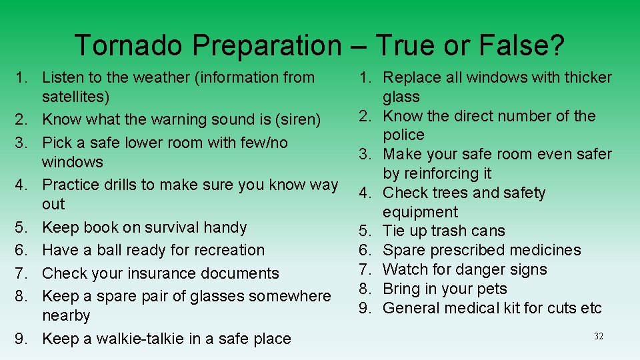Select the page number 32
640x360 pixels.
coord(598,337)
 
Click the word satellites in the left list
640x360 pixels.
coord(73,97)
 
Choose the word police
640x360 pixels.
coord(403,135)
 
